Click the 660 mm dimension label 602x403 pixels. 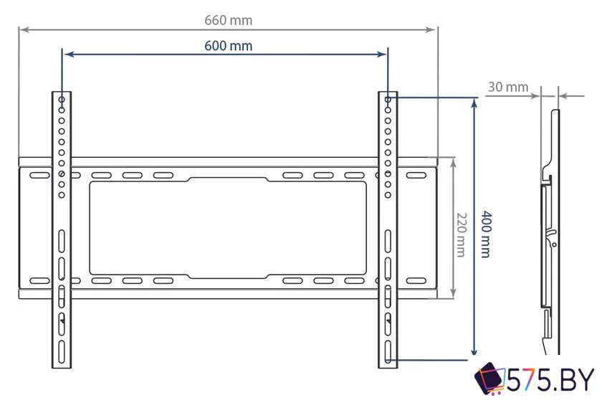228,20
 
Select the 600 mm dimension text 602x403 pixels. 228,45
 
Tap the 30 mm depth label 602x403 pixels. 507,87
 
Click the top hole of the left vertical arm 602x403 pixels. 62,100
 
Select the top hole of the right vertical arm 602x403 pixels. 388,100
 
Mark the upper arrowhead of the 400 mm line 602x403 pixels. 473,103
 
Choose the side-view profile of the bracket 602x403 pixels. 549,229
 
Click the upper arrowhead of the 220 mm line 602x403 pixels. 453,161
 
